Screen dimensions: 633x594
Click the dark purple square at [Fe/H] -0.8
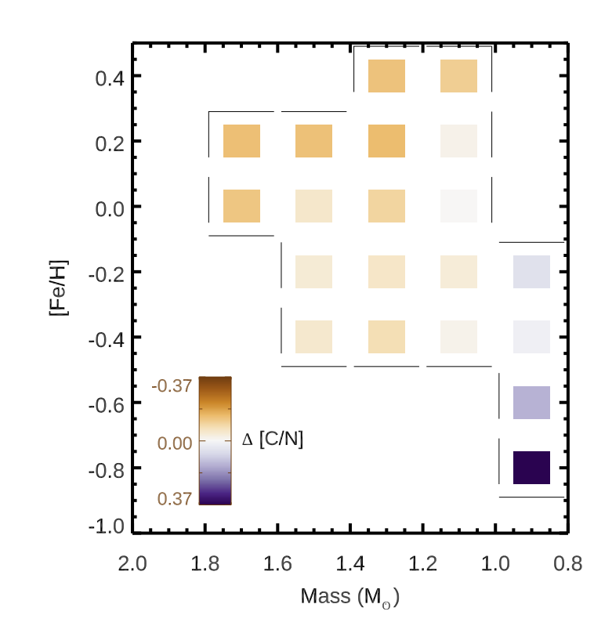pyautogui.click(x=531, y=468)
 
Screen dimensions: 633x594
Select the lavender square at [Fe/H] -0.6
pyautogui.click(x=531, y=403)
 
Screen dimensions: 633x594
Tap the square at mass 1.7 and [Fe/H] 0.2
pyautogui.click(x=241, y=142)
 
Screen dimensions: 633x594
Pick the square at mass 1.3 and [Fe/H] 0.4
pyautogui.click(x=386, y=76)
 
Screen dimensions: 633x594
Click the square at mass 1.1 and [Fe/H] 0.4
pyautogui.click(x=458, y=76)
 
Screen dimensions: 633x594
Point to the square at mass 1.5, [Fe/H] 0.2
pyautogui.click(x=313, y=142)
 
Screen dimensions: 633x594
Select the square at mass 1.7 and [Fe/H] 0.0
pyautogui.click(x=241, y=206)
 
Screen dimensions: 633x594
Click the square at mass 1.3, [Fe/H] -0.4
pyautogui.click(x=386, y=337)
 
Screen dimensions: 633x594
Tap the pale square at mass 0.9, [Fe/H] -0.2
pyautogui.click(x=531, y=272)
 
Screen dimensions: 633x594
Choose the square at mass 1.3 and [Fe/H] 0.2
pyautogui.click(x=386, y=142)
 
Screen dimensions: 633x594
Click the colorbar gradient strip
pyautogui.click(x=215, y=441)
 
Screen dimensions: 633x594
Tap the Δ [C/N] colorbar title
pyautogui.click(x=272, y=441)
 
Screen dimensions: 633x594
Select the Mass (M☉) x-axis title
pyautogui.click(x=350, y=597)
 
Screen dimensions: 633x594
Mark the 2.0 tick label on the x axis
pyautogui.click(x=132, y=562)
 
